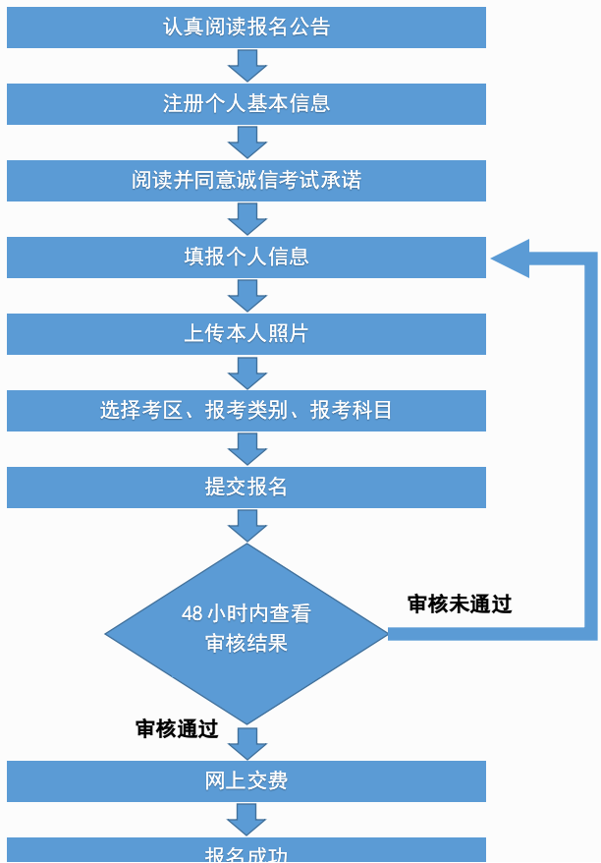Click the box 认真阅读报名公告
coord(246,27)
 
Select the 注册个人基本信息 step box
coord(246,103)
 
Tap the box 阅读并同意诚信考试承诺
coord(246,180)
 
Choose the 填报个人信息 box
coord(246,257)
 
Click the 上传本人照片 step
coord(246,333)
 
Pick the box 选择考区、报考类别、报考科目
coord(246,410)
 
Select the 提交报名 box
coord(246,487)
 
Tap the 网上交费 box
coord(246,781)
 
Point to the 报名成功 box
coord(246,851)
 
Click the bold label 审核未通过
coord(460,604)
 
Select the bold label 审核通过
coord(177,728)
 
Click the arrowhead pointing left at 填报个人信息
coord(511,259)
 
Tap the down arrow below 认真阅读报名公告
coord(246,65)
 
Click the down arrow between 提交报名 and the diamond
coord(246,525)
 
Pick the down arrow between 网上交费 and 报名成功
coord(246,819)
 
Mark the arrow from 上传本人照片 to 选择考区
coord(246,372)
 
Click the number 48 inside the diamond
coord(192,613)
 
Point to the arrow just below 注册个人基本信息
coord(246,142)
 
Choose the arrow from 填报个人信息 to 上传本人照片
coord(246,295)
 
